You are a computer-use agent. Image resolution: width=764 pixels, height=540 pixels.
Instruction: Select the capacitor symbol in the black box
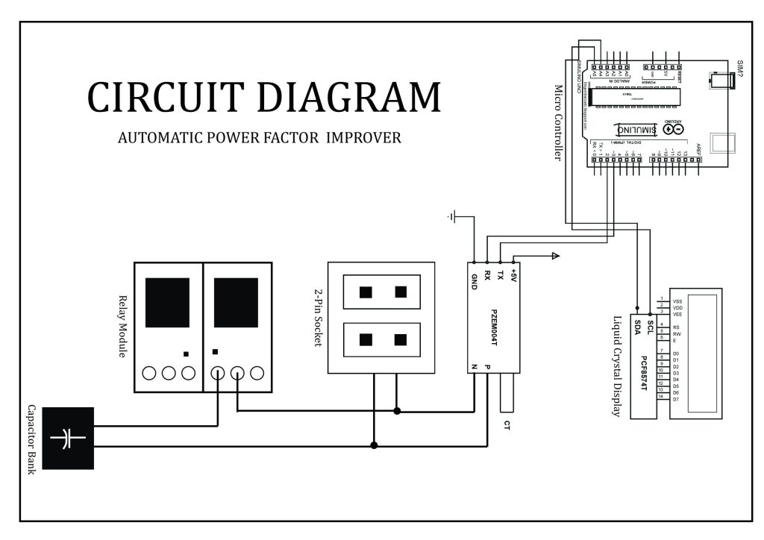coord(68,439)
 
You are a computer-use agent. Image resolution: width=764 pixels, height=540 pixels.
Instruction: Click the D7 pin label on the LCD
coord(676,400)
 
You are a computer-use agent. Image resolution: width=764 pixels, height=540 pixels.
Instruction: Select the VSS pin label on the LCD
coord(677,301)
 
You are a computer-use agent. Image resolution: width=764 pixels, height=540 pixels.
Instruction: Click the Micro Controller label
coord(557,122)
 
